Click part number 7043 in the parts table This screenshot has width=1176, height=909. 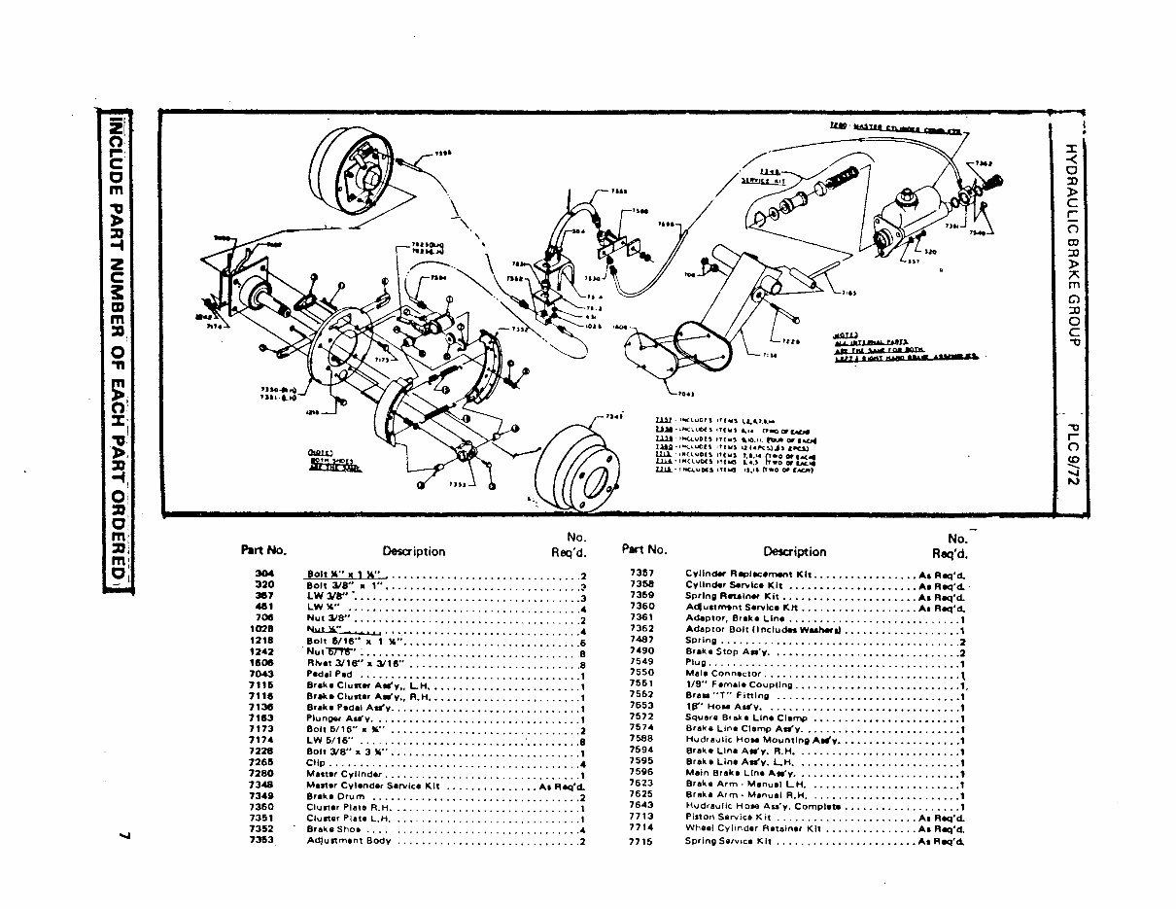(261, 673)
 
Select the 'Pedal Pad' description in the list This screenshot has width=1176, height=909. (329, 673)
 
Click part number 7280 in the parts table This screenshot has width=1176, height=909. (261, 774)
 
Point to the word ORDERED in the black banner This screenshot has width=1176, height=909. (117, 536)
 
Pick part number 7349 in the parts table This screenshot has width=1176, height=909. (261, 796)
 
